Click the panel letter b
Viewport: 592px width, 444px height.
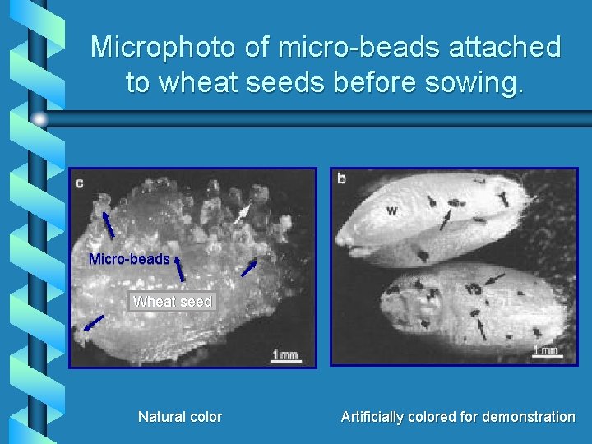tap(341, 178)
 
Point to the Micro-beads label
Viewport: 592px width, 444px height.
tap(129, 259)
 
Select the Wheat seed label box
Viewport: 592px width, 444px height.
tap(173, 302)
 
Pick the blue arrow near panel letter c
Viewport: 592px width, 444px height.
tap(108, 224)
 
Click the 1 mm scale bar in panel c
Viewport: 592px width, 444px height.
tap(284, 355)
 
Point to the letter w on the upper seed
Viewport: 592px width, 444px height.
tap(391, 210)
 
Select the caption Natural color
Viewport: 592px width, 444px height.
tap(179, 417)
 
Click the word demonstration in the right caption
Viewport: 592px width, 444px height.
tap(529, 417)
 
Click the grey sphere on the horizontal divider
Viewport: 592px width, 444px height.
tap(40, 118)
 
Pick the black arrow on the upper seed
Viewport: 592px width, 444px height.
tap(444, 220)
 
